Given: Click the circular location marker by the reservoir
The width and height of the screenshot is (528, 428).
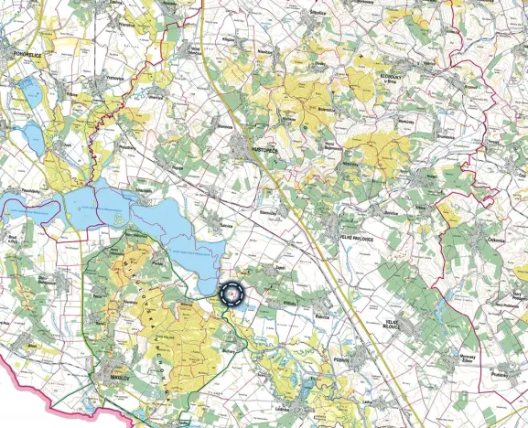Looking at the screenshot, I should (x=232, y=294).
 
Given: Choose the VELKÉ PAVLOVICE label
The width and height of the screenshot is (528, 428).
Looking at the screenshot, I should (x=360, y=237).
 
